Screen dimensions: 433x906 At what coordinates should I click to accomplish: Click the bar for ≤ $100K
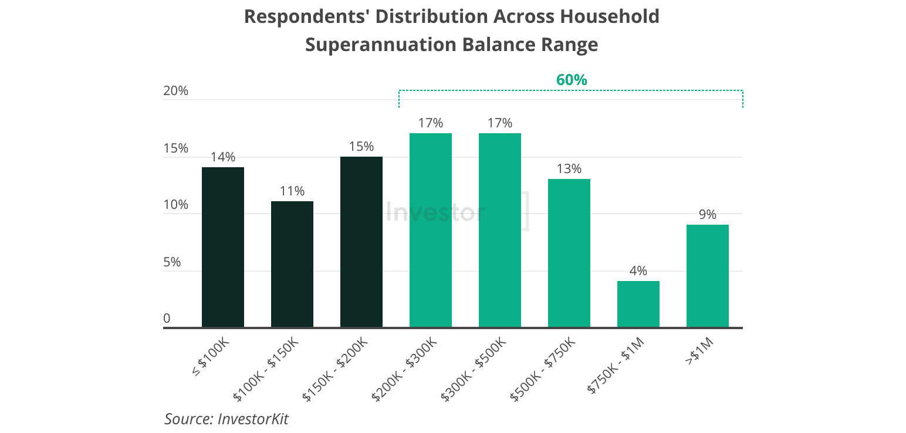point(223,247)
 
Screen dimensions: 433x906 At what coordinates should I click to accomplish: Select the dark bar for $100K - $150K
point(292,264)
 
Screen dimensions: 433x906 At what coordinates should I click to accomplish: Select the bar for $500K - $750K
point(569,253)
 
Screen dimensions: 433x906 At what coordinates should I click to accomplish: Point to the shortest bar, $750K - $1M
point(638,304)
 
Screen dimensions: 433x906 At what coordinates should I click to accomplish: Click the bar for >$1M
point(708,276)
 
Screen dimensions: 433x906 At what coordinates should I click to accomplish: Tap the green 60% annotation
point(572,80)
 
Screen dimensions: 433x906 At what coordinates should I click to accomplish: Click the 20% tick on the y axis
point(175,91)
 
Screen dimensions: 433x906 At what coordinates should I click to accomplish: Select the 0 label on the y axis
point(167,319)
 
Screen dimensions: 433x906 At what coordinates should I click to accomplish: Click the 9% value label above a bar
point(708,215)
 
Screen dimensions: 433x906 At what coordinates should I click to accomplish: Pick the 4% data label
point(638,271)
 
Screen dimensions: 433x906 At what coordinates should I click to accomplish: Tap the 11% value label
point(292,191)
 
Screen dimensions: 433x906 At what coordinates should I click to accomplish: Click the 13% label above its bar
point(569,169)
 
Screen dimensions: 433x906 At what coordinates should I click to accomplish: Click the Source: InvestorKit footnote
point(226,419)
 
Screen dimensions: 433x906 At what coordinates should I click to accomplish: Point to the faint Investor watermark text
point(435,212)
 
